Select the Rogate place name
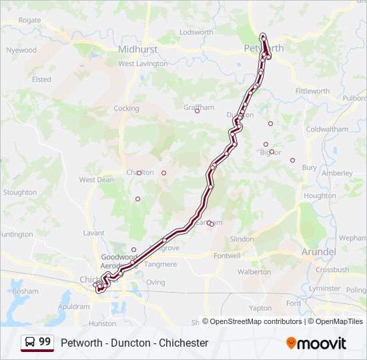pos(29,21)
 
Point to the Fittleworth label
pos(312,91)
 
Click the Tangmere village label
pos(161,264)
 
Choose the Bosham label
pos(25,291)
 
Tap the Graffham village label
pos(199,107)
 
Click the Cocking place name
pos(126,109)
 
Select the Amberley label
pos(337,173)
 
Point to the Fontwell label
pos(227,255)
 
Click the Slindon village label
pos(242,239)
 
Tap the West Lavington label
pos(143,64)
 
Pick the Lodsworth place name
pos(196,32)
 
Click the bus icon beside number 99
pos(30,342)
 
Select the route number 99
pos(45,342)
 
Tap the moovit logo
pos(316,343)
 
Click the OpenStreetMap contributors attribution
pos(252,321)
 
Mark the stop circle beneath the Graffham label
pos(197,111)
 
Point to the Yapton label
pos(260,308)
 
